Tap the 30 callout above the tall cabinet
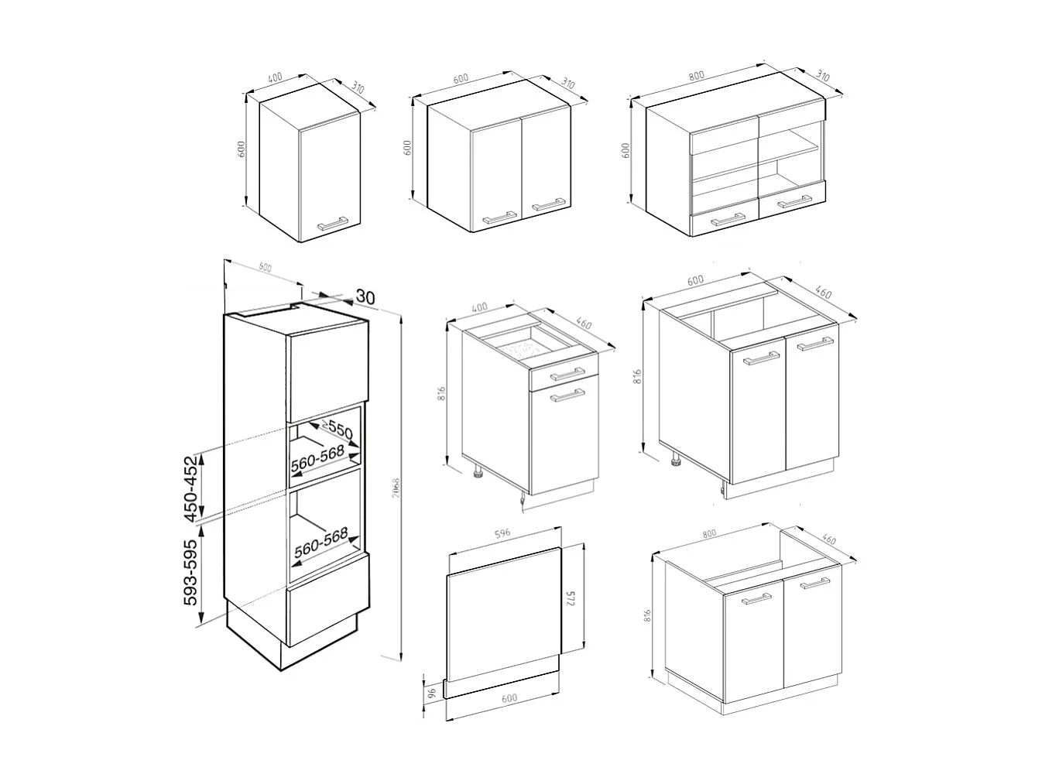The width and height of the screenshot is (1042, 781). click(365, 296)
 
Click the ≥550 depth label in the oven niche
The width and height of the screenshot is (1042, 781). click(338, 430)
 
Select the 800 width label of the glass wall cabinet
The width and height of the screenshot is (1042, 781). click(697, 75)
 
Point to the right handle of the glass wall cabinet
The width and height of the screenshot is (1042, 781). click(794, 203)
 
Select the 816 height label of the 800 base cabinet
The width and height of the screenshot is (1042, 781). click(648, 615)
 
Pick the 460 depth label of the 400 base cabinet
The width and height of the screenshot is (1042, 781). click(584, 325)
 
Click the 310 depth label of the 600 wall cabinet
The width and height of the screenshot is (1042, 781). click(567, 83)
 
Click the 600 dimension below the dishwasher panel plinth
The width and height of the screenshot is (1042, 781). click(509, 698)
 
